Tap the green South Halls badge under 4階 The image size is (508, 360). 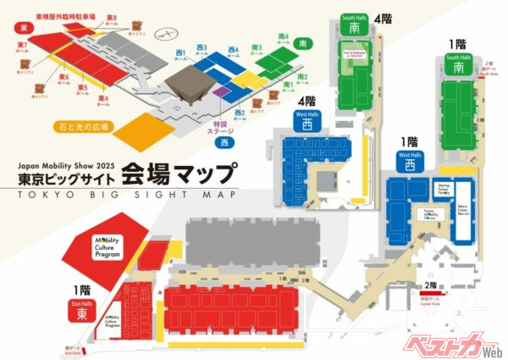(x=351, y=24)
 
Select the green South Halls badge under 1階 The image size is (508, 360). (x=458, y=65)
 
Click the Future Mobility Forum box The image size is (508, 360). (x=432, y=215)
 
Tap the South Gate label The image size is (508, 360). (x=486, y=70)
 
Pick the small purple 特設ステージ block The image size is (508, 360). (x=221, y=90)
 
